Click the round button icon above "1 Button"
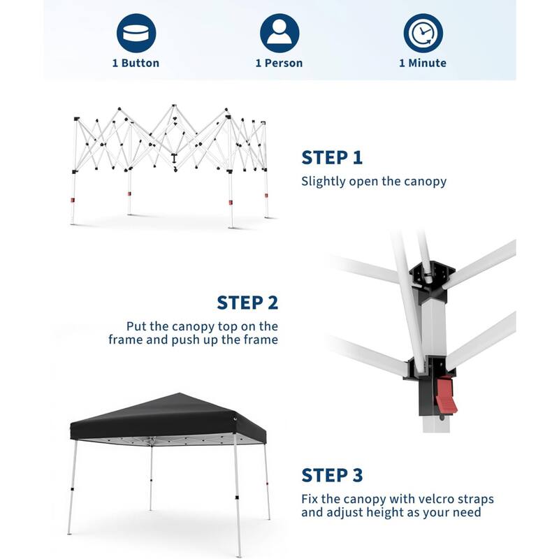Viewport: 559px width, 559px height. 136,33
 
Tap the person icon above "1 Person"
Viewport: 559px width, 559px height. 279,33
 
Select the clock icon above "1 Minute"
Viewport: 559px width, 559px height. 423,33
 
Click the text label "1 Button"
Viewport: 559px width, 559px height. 136,63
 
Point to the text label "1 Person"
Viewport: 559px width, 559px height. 279,63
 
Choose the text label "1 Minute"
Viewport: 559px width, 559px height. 423,63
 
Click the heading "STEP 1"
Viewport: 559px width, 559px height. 332,158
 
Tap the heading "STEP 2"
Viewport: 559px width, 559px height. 247,303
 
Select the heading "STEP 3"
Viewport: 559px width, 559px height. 332,475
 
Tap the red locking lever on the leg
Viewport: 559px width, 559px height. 445,395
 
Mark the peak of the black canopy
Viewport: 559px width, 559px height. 180,393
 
